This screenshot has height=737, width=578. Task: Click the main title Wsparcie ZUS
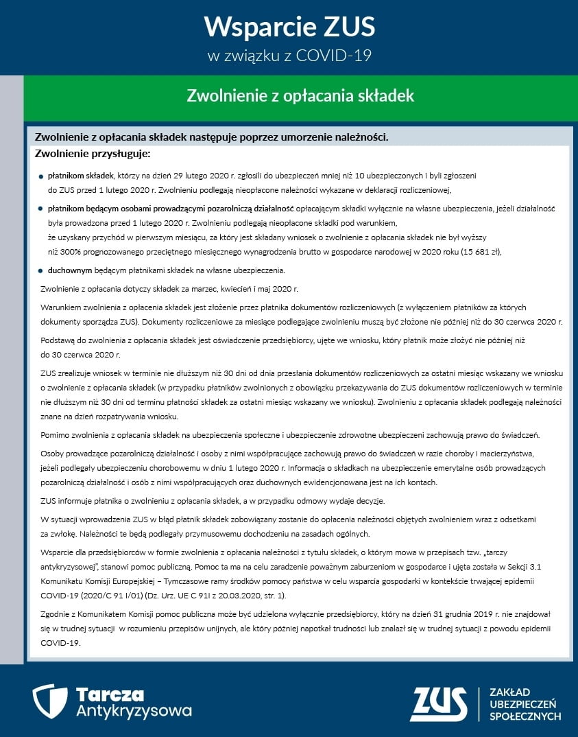[x=289, y=27]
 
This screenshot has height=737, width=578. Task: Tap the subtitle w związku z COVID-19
[x=289, y=56]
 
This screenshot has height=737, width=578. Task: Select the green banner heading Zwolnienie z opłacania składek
[x=300, y=95]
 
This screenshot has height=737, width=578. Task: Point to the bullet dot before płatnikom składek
[x=41, y=176]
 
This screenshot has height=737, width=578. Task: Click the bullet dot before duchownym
[x=41, y=270]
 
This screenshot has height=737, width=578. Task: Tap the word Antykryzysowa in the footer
[x=134, y=710]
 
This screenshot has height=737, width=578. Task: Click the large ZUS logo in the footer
[x=438, y=703]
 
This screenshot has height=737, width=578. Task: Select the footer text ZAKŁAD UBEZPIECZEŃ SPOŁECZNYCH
[x=525, y=704]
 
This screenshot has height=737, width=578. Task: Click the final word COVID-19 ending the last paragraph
[x=61, y=643]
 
